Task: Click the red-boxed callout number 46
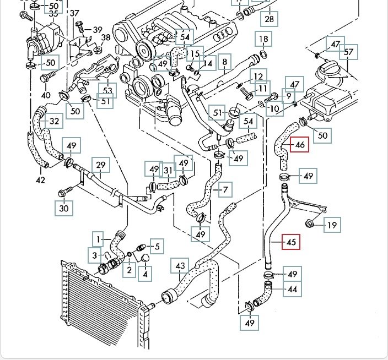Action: (300, 145)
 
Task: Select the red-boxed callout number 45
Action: (291, 241)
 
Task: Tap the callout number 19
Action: (332, 225)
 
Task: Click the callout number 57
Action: (348, 53)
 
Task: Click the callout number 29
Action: (100, 165)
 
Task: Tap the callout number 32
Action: (54, 121)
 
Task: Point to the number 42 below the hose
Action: (40, 180)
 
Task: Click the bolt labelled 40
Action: (46, 78)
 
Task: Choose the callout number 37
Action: (74, 13)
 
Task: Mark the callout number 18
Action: (263, 39)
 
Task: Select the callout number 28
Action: (269, 19)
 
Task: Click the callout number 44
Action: (292, 288)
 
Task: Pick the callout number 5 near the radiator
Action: (157, 247)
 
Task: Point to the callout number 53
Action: (107, 90)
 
